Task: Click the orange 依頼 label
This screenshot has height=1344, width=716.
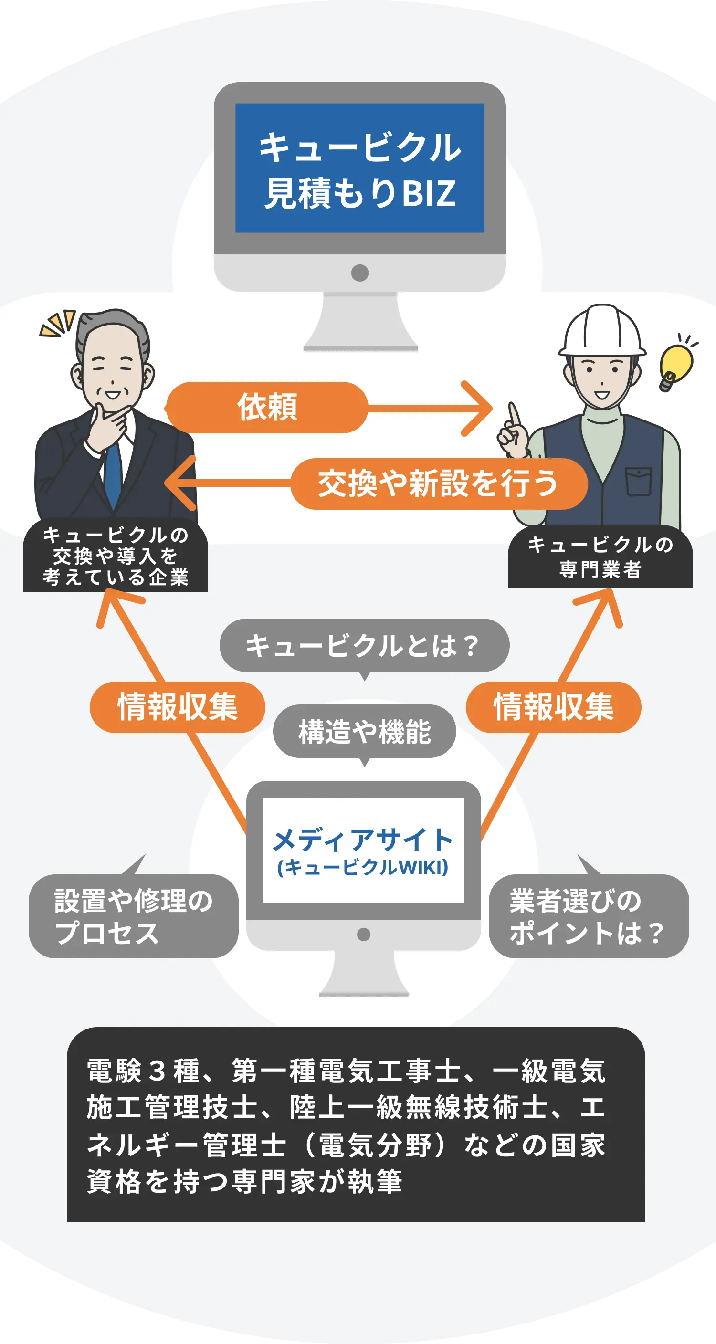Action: [267, 408]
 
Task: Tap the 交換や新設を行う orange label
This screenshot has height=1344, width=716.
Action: [438, 483]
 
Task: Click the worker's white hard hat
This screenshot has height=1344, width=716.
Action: [602, 331]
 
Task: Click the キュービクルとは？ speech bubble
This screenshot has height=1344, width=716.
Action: [364, 645]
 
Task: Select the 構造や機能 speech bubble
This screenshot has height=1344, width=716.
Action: [364, 732]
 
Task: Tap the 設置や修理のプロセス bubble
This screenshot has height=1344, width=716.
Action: [134, 916]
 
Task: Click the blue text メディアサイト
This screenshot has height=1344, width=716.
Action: [363, 840]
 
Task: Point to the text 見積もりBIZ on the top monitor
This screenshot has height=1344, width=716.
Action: [360, 193]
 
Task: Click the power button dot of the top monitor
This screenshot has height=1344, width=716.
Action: [359, 273]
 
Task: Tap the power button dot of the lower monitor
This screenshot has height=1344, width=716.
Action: [363, 934]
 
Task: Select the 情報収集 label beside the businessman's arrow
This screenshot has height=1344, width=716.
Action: [178, 707]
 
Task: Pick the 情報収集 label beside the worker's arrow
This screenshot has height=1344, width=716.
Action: [553, 707]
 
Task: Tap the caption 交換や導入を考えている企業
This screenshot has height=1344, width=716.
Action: [116, 556]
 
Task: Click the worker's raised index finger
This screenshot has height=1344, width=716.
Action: [515, 415]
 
